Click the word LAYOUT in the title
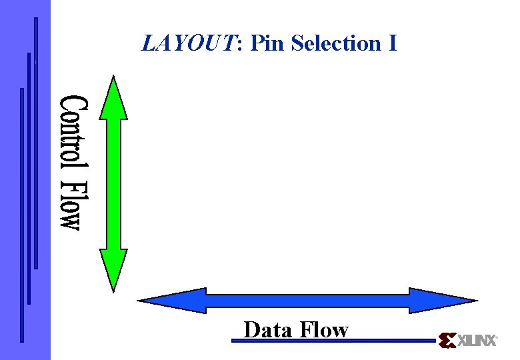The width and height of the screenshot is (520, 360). (191, 44)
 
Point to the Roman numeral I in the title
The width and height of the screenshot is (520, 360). (393, 44)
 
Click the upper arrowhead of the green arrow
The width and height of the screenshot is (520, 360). (113, 100)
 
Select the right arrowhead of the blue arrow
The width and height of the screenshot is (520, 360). (440, 301)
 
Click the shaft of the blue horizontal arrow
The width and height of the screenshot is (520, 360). (307, 301)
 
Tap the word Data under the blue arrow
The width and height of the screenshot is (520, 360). (268, 330)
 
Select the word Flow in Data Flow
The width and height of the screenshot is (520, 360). (324, 330)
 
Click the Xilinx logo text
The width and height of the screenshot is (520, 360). (477, 341)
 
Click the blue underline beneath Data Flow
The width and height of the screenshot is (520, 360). (333, 341)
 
